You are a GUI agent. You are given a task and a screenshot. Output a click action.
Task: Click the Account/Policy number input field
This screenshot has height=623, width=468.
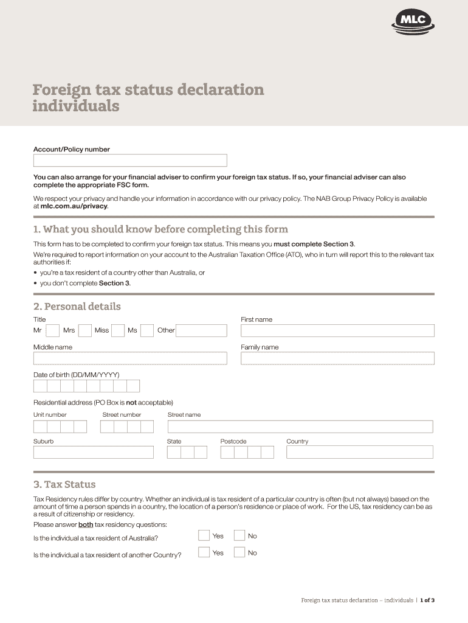[x=130, y=161]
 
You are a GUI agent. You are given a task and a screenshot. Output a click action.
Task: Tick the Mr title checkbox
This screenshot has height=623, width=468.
[x=53, y=330]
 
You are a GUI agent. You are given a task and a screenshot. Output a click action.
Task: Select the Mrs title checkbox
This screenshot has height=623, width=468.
[x=85, y=330]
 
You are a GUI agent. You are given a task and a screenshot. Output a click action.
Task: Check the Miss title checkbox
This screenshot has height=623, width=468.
[x=118, y=330]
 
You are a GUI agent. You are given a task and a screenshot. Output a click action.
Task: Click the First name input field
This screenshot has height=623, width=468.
[x=337, y=330]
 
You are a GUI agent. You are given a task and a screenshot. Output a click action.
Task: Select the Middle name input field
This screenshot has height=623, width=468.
[x=130, y=358]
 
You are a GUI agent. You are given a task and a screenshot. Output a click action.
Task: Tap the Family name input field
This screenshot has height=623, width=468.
[x=337, y=358]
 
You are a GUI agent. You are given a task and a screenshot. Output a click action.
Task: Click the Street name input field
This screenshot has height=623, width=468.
[x=300, y=426]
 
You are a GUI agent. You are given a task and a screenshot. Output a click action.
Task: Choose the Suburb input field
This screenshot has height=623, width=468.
[x=94, y=452]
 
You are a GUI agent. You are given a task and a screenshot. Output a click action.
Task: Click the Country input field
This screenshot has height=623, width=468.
[x=360, y=452]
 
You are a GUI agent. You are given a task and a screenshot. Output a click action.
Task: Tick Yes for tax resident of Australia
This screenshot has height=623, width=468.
[x=204, y=536]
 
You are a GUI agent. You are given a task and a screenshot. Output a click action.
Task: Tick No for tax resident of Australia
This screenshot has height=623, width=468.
[x=239, y=536]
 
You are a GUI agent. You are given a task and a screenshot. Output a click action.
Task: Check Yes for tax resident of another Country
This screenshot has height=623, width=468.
[x=204, y=553]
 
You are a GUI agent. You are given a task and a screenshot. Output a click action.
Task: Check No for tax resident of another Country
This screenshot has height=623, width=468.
[x=239, y=553]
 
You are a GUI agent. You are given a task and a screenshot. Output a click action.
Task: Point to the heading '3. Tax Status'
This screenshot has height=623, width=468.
[x=64, y=485]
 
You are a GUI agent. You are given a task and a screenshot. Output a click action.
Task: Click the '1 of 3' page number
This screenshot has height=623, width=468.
[x=427, y=600]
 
